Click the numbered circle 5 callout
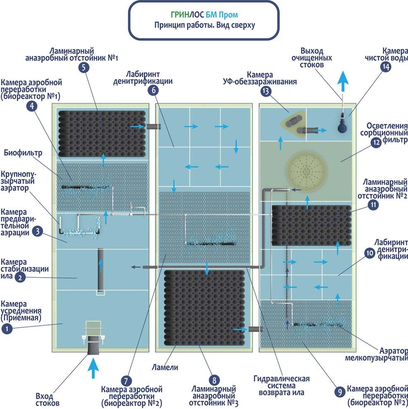(x=83, y=68)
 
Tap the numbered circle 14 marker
(x=386, y=67)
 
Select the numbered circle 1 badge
(x=7, y=329)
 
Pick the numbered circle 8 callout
(x=214, y=380)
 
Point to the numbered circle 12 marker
(x=376, y=143)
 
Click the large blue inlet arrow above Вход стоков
(x=93, y=368)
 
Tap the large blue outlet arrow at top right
(x=343, y=81)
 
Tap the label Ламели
(x=165, y=367)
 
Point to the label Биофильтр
(x=23, y=153)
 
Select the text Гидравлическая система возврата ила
(x=281, y=385)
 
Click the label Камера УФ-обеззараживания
(x=260, y=78)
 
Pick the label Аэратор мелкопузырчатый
(x=376, y=354)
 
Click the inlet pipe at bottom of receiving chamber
(x=93, y=345)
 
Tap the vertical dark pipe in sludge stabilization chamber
(x=100, y=269)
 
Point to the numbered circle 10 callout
(x=369, y=253)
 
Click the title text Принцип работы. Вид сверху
(x=205, y=25)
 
